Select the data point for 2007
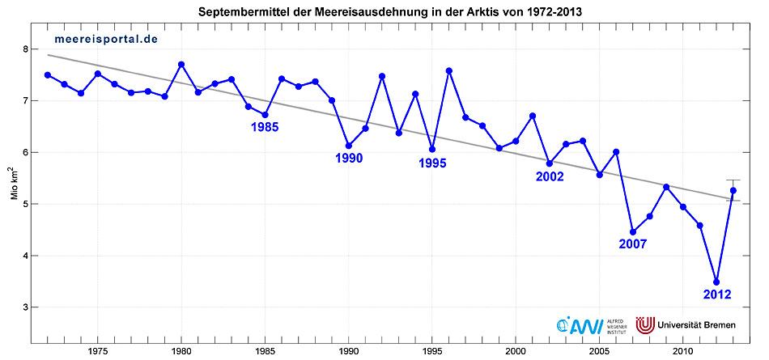(633, 232)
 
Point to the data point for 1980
(181, 65)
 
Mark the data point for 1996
(449, 71)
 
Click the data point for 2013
(733, 191)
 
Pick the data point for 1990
(349, 146)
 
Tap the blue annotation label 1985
(265, 128)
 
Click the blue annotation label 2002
(550, 176)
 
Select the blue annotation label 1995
(432, 163)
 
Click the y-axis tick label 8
(26, 49)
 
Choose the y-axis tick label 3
(26, 307)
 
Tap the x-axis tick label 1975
(98, 351)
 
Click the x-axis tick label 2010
(683, 351)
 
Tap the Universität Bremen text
(698, 325)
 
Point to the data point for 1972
(48, 74)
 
